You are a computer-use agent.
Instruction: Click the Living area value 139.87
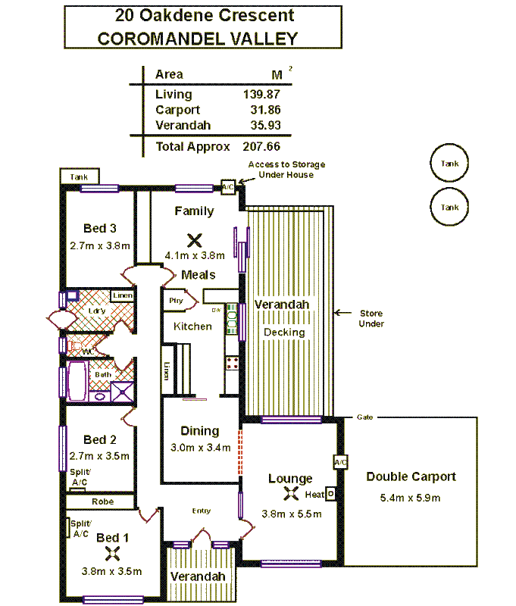(x=261, y=95)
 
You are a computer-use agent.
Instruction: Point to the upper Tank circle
(x=449, y=163)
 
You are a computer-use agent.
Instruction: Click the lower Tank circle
(x=449, y=207)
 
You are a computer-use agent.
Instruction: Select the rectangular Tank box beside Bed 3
(x=79, y=177)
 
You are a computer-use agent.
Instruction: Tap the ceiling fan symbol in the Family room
(x=194, y=240)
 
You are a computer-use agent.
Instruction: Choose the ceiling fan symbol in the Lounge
(x=290, y=495)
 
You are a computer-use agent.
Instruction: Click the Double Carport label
(x=411, y=476)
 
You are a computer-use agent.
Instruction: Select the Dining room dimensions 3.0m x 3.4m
(x=200, y=448)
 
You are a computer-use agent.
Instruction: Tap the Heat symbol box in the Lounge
(x=330, y=494)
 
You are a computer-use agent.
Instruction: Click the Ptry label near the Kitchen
(x=176, y=300)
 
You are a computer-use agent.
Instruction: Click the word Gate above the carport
(x=364, y=417)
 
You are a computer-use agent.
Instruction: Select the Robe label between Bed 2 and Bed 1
(x=102, y=501)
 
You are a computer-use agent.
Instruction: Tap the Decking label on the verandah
(x=284, y=332)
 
